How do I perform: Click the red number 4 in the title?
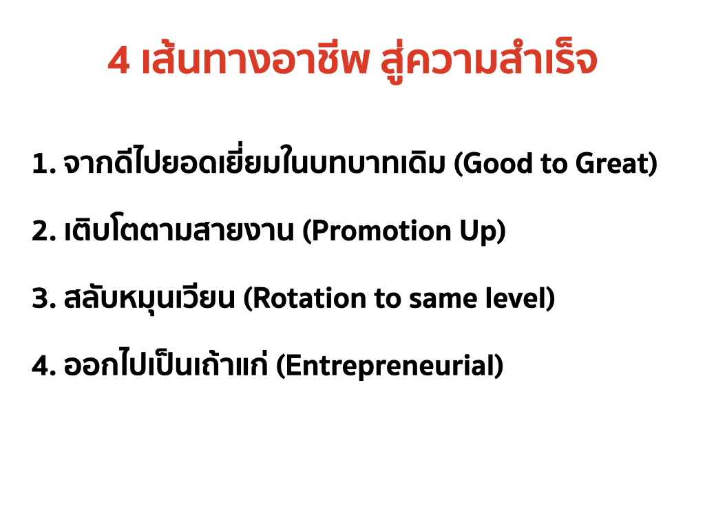119,61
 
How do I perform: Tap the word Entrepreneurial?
390,367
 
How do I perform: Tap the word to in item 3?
388,300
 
